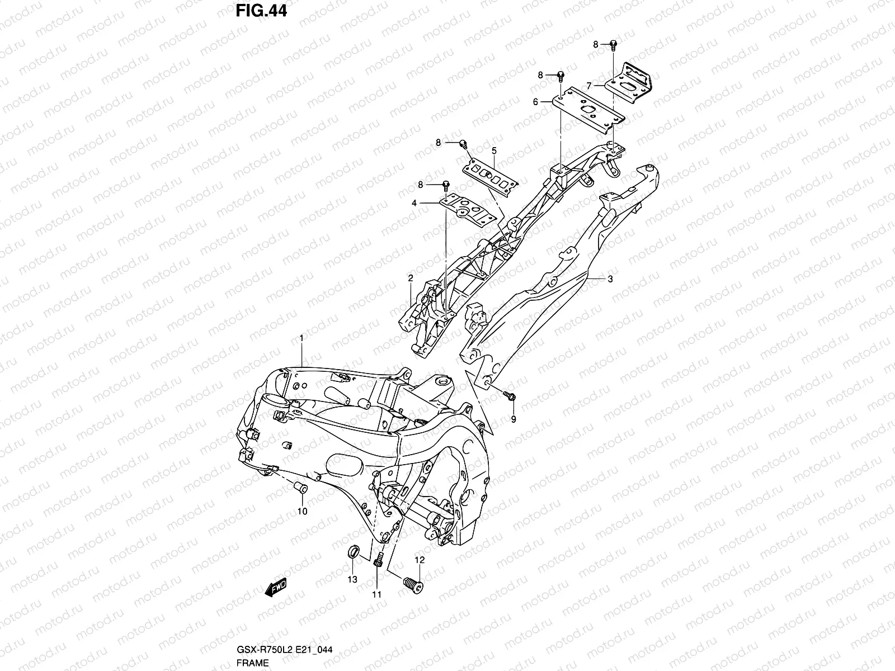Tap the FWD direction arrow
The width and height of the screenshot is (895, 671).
276,589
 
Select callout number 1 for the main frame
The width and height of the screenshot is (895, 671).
301,338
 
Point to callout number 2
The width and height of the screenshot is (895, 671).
410,278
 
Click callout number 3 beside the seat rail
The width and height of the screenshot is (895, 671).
610,279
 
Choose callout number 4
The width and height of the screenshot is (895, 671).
414,204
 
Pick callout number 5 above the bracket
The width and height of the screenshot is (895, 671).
494,150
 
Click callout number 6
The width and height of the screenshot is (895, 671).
535,102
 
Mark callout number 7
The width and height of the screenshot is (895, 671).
588,86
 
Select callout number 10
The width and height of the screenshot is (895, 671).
302,511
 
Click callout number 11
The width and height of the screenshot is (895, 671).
376,594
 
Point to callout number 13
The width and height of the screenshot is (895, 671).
352,580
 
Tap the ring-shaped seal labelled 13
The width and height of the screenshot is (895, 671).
354,554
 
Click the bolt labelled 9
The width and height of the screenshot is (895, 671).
510,396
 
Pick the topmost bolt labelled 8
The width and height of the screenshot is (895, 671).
613,45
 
